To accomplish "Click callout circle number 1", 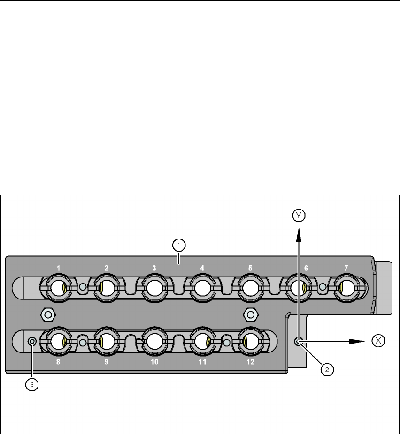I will click(x=178, y=245).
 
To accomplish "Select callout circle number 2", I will click(x=327, y=369).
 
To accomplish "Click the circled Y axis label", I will click(x=299, y=215).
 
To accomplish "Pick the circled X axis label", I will click(x=378, y=341).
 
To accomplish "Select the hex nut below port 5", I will click(x=250, y=314).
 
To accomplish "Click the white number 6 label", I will click(x=306, y=268).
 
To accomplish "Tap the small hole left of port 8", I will click(x=32, y=342).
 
